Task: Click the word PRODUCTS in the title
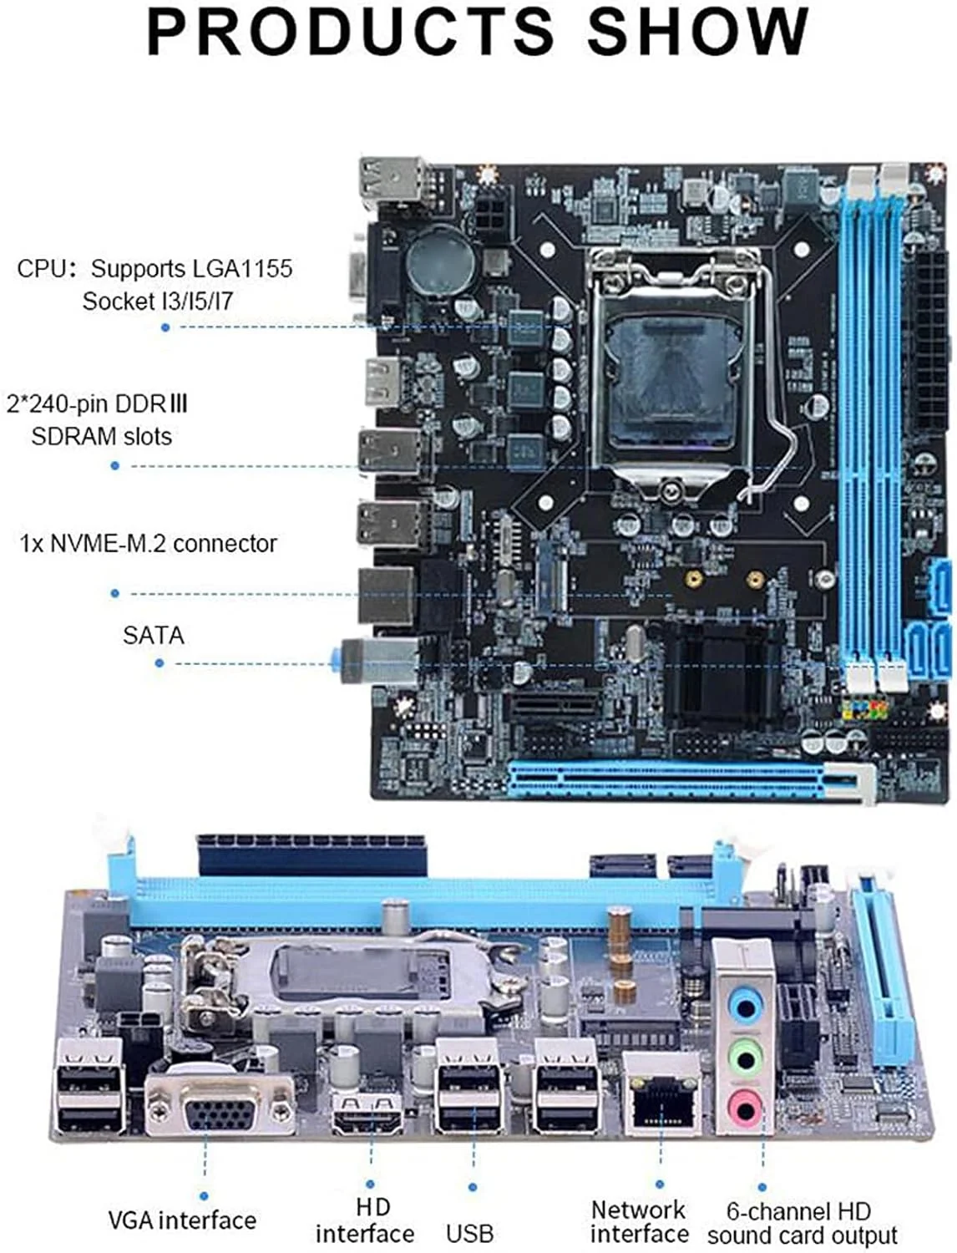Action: click(350, 32)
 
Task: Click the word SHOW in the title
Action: click(697, 32)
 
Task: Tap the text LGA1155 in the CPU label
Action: click(242, 269)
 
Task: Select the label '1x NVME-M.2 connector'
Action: click(148, 544)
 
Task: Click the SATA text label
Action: click(153, 636)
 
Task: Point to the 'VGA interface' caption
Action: click(182, 1220)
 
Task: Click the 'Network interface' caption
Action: click(639, 1221)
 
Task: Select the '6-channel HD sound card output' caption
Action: click(802, 1223)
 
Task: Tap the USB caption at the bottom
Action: click(469, 1233)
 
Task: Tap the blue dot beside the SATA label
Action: click(159, 663)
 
